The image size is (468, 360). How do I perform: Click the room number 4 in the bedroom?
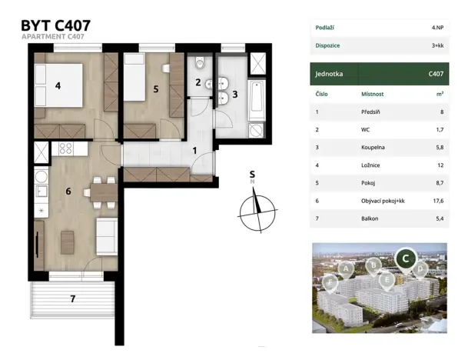point(58,86)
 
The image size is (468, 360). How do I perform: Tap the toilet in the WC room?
point(200,63)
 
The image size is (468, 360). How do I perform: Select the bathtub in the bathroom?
point(257,100)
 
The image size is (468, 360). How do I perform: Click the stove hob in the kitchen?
point(66,148)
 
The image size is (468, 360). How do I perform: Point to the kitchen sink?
point(41,192)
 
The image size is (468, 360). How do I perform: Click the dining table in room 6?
point(104,192)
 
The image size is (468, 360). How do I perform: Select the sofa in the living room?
point(107,236)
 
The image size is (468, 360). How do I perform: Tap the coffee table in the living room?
point(67,242)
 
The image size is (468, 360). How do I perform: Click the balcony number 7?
point(72,298)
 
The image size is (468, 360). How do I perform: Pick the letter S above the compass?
point(252,174)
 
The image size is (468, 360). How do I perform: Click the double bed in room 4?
point(58,85)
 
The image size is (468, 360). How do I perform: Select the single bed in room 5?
point(134,77)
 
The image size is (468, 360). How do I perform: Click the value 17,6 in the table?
point(438,201)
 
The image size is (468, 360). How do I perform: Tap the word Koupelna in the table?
point(373,147)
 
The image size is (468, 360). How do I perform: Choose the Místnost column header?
point(372,94)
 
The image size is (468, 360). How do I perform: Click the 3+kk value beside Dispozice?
point(437,45)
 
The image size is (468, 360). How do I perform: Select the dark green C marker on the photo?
point(406,259)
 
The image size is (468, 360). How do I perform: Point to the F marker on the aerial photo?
point(330,283)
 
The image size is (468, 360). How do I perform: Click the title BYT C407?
point(55,25)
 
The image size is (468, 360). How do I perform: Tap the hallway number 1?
point(194,151)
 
